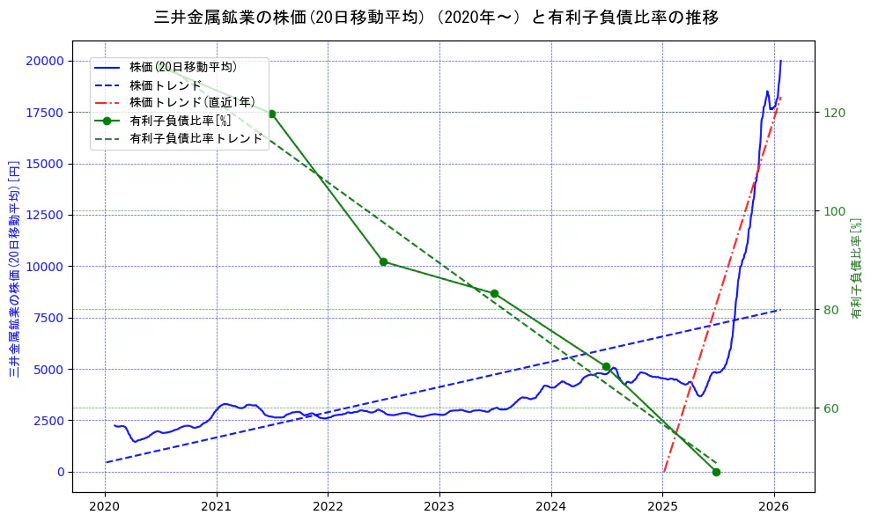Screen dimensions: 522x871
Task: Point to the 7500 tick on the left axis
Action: click(48, 318)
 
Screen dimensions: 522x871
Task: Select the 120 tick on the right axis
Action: click(834, 113)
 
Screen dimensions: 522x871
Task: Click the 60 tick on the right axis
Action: click(831, 408)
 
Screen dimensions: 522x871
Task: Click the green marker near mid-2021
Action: click(271, 114)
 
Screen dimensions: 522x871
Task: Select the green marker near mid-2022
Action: click(383, 261)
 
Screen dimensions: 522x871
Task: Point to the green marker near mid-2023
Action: click(494, 293)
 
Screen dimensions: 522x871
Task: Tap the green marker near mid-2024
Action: click(606, 366)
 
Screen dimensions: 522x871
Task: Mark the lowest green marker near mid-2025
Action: click(716, 472)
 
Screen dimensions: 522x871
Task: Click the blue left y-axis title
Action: click(14, 268)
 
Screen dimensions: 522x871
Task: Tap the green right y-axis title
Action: click(855, 268)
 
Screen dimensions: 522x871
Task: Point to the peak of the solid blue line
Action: click(780, 61)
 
